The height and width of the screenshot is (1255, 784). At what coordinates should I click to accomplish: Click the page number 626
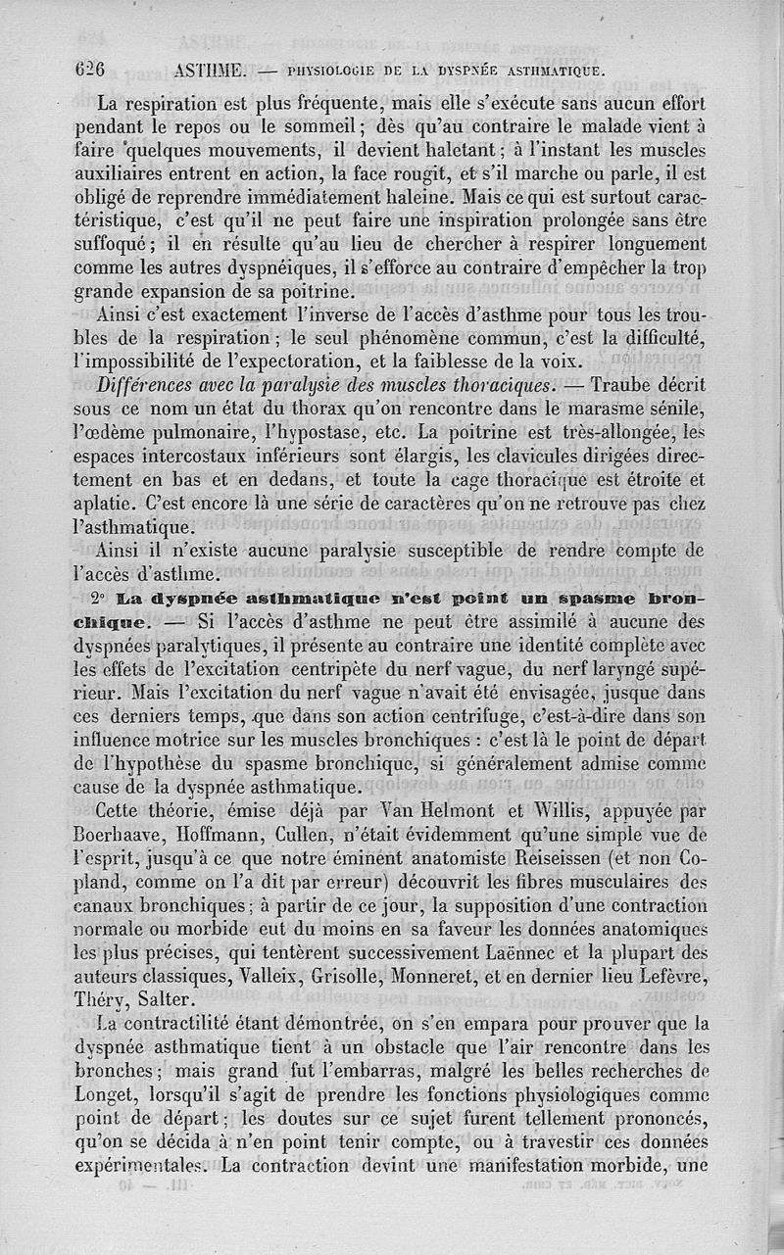pos(87,70)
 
